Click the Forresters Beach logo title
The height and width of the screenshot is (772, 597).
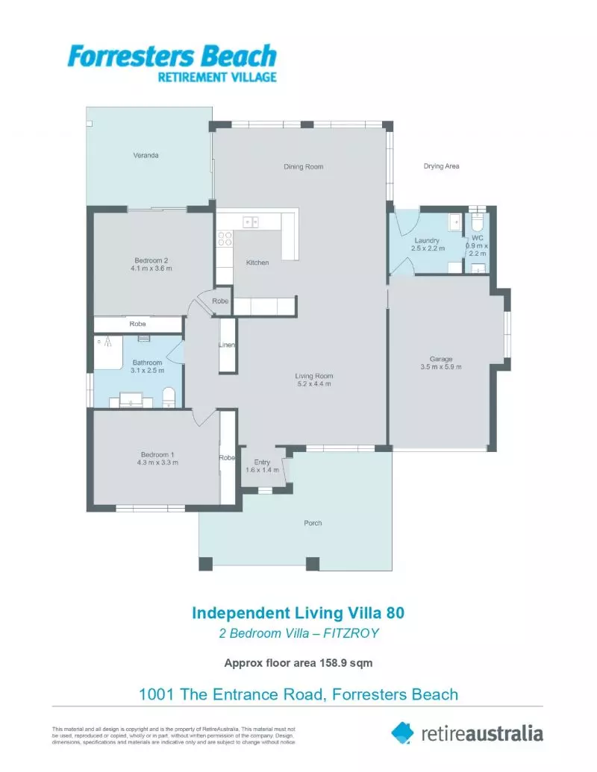tap(172, 57)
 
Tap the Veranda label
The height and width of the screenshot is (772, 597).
tap(146, 156)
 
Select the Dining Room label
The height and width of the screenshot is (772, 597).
tap(304, 166)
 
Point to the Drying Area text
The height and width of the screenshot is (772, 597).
tap(441, 166)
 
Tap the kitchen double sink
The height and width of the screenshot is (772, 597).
tap(250, 221)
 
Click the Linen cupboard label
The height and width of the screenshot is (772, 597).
tap(227, 345)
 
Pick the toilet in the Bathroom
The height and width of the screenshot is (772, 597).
tap(169, 396)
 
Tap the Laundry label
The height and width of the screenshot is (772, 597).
tap(427, 240)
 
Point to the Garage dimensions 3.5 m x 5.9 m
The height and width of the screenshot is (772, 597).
tap(441, 367)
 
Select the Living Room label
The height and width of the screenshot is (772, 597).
tap(313, 375)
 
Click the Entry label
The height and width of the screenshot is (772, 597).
tap(262, 462)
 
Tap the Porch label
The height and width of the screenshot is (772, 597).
tap(313, 523)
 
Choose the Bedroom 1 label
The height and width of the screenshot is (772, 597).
tap(157, 454)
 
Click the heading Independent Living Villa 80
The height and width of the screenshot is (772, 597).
tap(298, 612)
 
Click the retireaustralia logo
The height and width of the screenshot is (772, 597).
tap(467, 732)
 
